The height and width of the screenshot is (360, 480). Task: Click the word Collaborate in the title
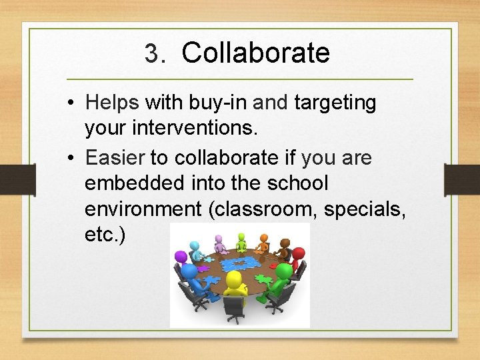pos(255,53)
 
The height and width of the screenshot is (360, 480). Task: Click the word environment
pos(143,209)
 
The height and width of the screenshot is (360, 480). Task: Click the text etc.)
pos(104,234)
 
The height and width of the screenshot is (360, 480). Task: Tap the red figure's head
pos(298,253)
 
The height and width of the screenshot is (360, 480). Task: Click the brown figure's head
pos(285,244)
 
